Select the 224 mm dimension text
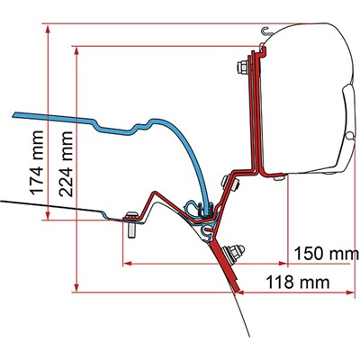(66, 164)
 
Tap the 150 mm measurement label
(327, 254)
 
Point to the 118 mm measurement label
(298, 282)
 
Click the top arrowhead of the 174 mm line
(48, 29)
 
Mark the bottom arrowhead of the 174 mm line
(48, 216)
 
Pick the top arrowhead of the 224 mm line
(76, 51)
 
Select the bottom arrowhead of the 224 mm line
(76, 288)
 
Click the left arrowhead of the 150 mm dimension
(128, 264)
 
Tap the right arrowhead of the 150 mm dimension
(283, 264)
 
